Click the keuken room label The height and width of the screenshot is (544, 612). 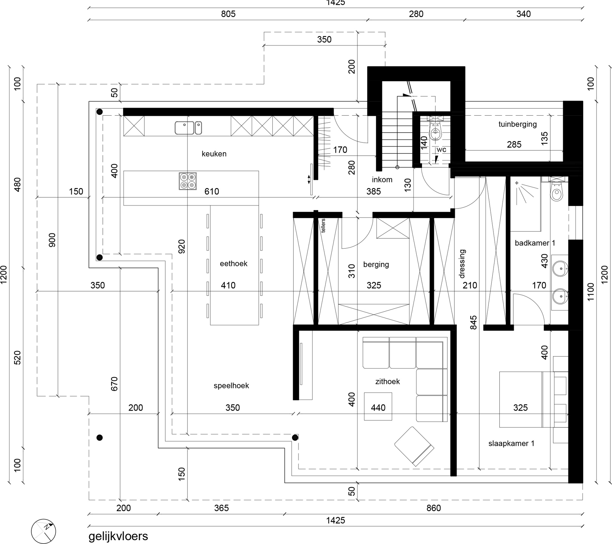pos(214,154)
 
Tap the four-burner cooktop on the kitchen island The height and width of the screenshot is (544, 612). pos(188,181)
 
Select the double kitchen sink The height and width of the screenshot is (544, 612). pos(188,128)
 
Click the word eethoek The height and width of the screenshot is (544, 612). pos(233,263)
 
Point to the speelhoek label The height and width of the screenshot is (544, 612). pos(231,386)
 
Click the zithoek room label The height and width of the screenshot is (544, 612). pos(388,382)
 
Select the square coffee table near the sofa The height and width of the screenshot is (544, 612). pos(378,406)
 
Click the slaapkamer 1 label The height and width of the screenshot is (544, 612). pos(512,444)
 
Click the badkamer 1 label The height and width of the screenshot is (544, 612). pos(535,243)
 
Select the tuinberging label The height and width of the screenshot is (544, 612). pos(518,124)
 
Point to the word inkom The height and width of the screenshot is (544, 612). pos(382,179)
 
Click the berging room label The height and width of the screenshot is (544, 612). pos(376,264)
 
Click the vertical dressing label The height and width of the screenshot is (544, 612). pos(462,264)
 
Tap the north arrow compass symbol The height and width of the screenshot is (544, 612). pos(44,530)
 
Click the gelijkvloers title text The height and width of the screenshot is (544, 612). pos(118,536)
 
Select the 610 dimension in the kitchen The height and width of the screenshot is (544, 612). pos(212,192)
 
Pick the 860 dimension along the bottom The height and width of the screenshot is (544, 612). pos(434,508)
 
